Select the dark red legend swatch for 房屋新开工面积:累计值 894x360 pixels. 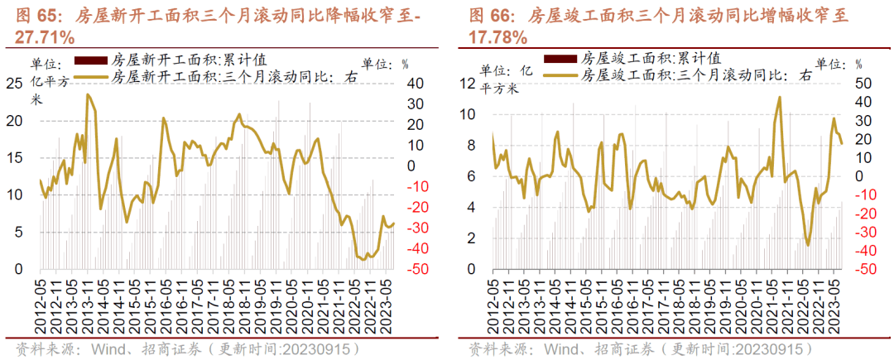pyautogui.click(x=90, y=60)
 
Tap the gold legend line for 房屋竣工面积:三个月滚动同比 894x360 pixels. pyautogui.click(x=560, y=74)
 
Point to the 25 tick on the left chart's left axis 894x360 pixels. pyautogui.click(x=14, y=83)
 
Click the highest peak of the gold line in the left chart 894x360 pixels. pyautogui.click(x=87, y=94)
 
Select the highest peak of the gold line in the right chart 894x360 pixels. pyautogui.click(x=780, y=97)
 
